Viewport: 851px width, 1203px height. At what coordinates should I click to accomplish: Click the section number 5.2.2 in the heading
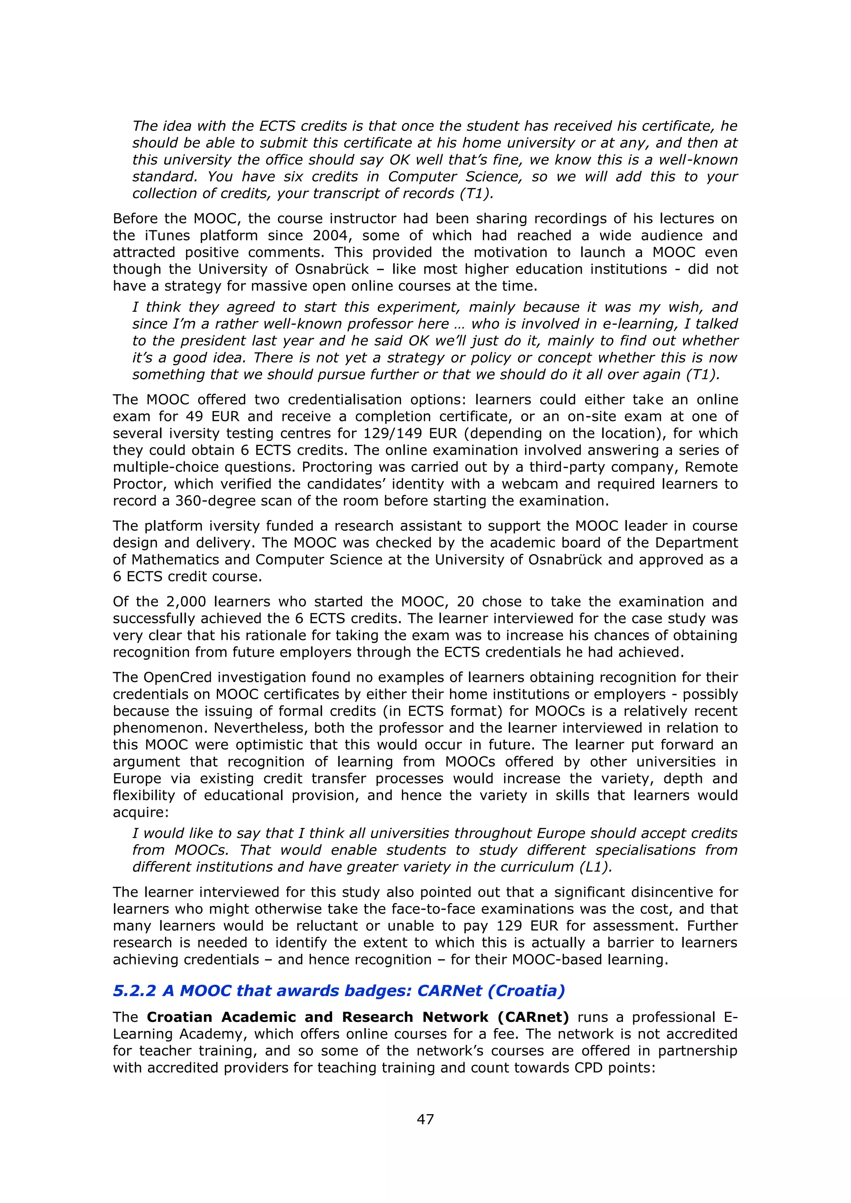point(134,991)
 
